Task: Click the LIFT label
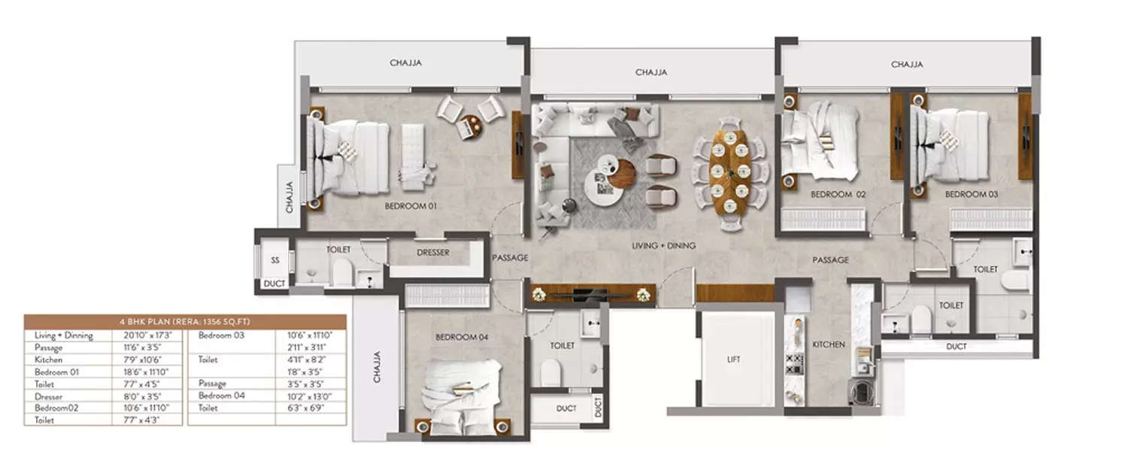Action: [x=733, y=359]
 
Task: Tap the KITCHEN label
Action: [x=829, y=344]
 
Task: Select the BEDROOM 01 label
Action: [x=411, y=205]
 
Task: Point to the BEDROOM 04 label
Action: [x=462, y=338]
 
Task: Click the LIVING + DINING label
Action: [x=663, y=246]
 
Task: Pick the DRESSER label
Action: [x=432, y=253]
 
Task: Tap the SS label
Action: [x=274, y=259]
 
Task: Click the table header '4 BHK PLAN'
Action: [x=185, y=322]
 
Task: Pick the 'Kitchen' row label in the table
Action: [x=49, y=359]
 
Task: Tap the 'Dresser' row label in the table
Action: [x=49, y=396]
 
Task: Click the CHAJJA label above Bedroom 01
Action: [x=405, y=63]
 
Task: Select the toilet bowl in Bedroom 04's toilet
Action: [x=550, y=371]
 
